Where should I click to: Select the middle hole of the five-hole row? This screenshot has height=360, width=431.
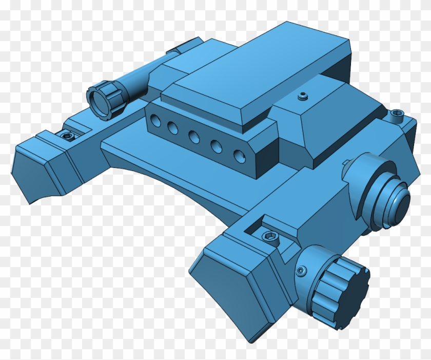194,137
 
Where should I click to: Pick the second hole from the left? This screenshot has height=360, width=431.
173,129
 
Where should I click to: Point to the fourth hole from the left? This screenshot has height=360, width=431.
216,146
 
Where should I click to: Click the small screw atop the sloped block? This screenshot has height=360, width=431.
303,95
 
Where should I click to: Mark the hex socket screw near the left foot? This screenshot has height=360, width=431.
66,135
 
